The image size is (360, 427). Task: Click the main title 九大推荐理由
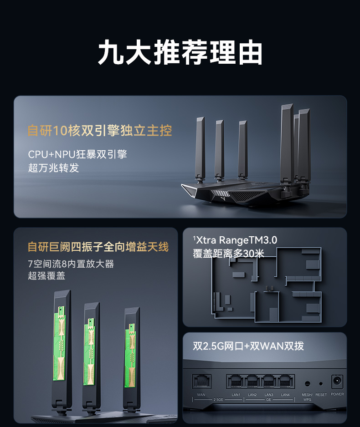tap(180, 52)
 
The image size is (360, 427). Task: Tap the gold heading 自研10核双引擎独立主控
tap(100, 131)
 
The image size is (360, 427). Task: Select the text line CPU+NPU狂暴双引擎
tap(77, 154)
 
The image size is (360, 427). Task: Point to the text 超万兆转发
tap(53, 168)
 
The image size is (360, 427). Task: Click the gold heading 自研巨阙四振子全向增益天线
tap(98, 247)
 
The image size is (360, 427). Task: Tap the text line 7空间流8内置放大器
tap(71, 264)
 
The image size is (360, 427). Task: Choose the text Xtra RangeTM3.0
tap(236, 240)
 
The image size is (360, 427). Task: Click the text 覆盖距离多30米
tap(228, 253)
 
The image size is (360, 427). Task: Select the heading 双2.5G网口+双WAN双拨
tap(248, 346)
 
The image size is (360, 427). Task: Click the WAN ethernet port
tap(202, 381)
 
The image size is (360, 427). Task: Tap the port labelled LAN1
tap(236, 381)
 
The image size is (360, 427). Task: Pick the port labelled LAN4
tap(285, 381)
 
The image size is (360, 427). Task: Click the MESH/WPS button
tap(307, 384)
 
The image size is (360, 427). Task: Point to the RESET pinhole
tap(321, 384)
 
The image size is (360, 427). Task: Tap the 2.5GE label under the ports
tap(218, 400)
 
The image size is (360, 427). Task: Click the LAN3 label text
tap(269, 395)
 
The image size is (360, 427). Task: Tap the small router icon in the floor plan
tap(269, 288)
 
